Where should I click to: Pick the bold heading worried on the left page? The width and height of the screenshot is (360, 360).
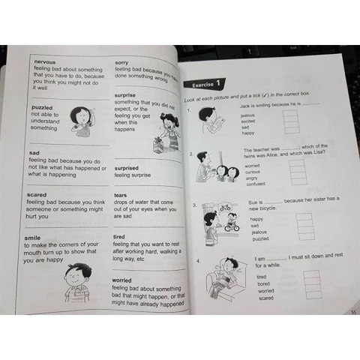[x=127, y=280]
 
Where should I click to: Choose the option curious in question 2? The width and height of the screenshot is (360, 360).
[x=254, y=171]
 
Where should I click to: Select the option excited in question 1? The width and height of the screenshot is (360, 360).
[x=250, y=121]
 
